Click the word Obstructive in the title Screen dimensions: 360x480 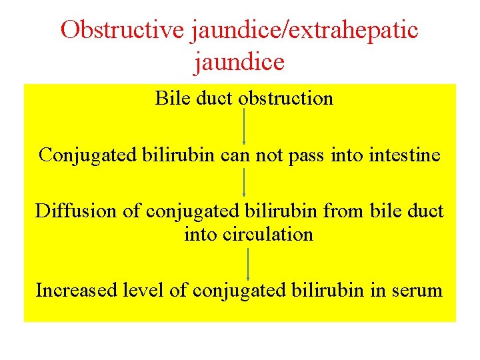coord(120,30)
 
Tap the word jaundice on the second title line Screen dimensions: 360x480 coord(239,62)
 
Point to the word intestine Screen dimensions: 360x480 coord(407,155)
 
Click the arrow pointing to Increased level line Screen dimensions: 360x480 coord(248,263)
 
